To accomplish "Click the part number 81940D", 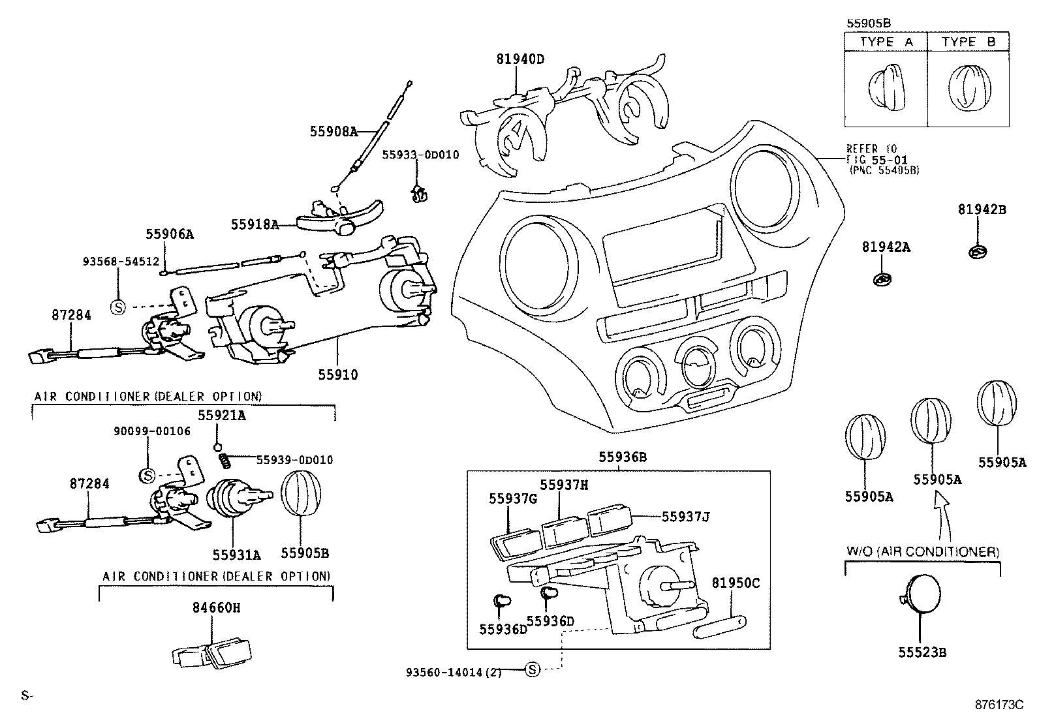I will coord(520,59).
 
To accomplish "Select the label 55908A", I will coord(333,132).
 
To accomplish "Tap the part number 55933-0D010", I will coord(420,155).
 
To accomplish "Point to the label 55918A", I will coord(255,224).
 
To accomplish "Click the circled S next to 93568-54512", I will coord(118,306).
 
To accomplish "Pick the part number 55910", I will coord(338,374).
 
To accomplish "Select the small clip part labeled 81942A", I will coord(883,279).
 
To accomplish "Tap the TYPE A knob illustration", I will coord(886,89).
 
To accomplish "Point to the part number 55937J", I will coord(685,517).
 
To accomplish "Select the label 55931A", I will coord(236,555).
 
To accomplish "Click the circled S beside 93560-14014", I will coord(533,669).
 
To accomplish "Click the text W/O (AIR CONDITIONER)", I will coord(923,552).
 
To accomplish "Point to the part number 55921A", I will coord(222,415).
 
